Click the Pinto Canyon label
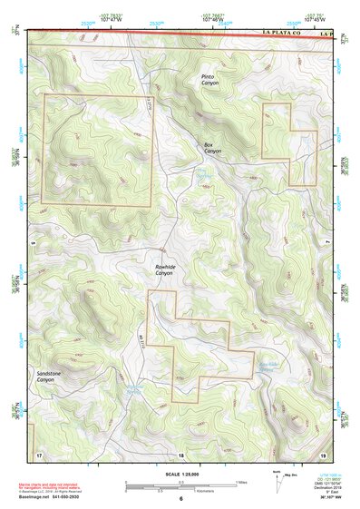(x=210, y=80)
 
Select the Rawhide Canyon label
(x=163, y=270)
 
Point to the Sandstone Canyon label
(x=46, y=377)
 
